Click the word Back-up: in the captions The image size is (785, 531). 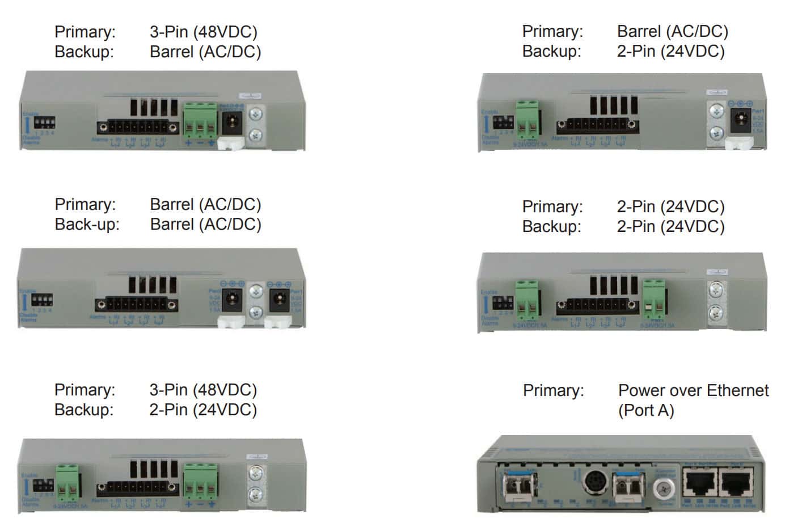coord(87,224)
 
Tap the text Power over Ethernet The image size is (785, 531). coord(693,390)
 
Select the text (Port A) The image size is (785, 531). coord(645,410)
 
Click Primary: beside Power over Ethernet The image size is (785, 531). coord(553,390)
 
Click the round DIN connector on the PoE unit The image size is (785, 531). coord(595,483)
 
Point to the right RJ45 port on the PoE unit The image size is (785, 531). coord(737,484)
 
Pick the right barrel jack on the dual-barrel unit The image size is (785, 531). coord(280,301)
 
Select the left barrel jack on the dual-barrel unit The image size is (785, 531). coord(233,301)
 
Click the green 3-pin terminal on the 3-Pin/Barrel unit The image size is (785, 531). coord(200,122)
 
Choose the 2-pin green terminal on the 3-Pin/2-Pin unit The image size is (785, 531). coord(67,481)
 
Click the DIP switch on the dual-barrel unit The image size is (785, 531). coord(43,300)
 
